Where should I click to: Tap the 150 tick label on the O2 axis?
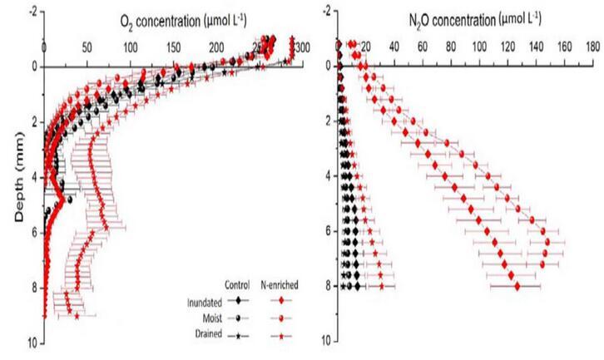point(172,47)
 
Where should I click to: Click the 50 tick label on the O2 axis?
point(87,47)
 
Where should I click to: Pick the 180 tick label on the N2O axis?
point(592,47)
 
